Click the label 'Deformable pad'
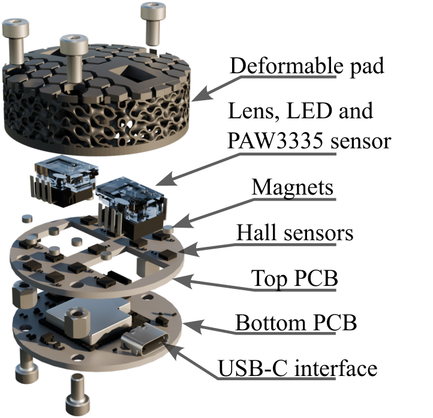click(x=306, y=66)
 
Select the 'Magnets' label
click(x=293, y=187)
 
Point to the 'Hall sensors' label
click(x=295, y=233)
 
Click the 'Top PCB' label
click(x=294, y=278)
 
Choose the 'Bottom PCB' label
click(x=296, y=323)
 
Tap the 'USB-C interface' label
click(x=297, y=368)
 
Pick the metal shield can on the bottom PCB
click(x=88, y=318)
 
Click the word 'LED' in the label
click(x=309, y=111)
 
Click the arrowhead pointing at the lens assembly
click(x=167, y=179)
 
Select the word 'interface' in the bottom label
click(x=335, y=368)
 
